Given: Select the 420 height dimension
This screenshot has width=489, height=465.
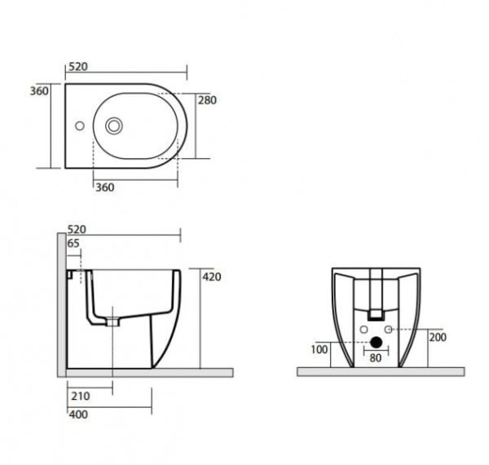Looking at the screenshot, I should pyautogui.click(x=212, y=277).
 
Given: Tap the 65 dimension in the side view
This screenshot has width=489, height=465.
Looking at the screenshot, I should pyautogui.click(x=74, y=243).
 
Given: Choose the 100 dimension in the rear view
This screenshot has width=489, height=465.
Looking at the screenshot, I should pyautogui.click(x=319, y=349).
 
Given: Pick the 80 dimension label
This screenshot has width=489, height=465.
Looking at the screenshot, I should pyautogui.click(x=376, y=358).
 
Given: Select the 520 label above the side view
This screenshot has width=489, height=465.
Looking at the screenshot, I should pyautogui.click(x=77, y=230).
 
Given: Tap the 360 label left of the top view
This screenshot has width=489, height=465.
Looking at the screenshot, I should pyautogui.click(x=40, y=91).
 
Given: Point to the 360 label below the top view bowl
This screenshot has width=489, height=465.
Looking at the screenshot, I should pyautogui.click(x=105, y=187).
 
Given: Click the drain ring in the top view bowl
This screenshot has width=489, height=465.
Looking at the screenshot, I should pyautogui.click(x=114, y=126).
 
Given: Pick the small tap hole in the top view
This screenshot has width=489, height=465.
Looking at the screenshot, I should pyautogui.click(x=79, y=126).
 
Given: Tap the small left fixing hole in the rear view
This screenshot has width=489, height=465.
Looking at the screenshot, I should pyautogui.click(x=363, y=329).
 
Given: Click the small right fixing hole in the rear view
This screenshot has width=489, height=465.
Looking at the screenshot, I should pyautogui.click(x=390, y=329).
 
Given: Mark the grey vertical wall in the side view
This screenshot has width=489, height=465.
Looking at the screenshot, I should pyautogui.click(x=61, y=301).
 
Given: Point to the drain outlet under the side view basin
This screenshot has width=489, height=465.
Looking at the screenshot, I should pyautogui.click(x=112, y=320).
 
